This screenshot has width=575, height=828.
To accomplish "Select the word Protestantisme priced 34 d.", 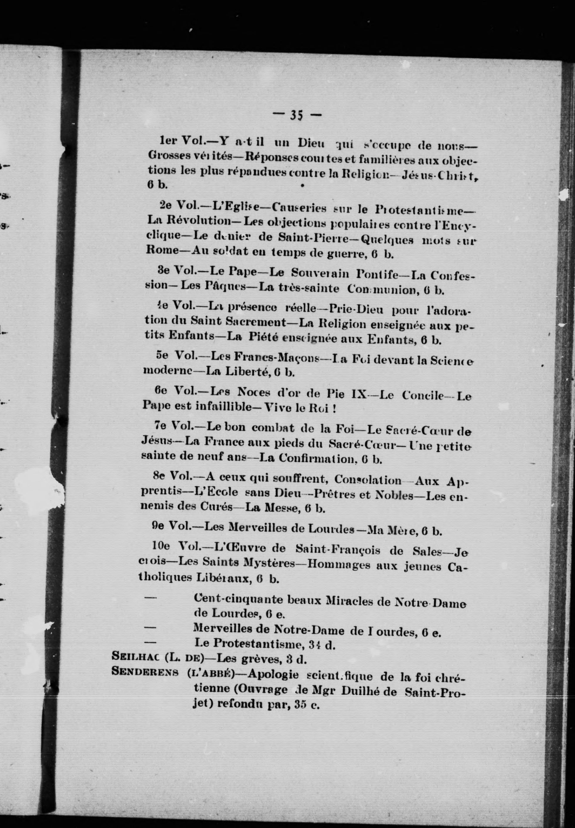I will click(247, 643).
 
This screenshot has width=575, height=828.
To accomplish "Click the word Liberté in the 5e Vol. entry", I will click(247, 372).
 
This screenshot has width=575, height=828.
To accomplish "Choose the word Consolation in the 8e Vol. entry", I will click(368, 480).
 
